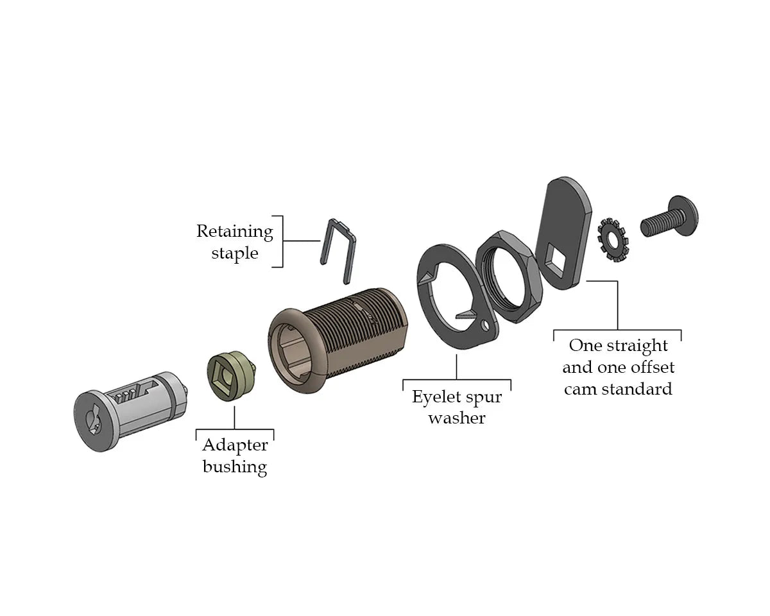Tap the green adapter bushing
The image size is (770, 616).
tap(232, 376)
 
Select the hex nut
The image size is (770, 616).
tap(509, 277)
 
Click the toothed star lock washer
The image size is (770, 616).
tap(613, 240)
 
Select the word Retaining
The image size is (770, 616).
tap(235, 232)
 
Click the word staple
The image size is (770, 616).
tap(235, 253)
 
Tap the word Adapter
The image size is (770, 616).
tap(235, 445)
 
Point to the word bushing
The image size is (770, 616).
tap(235, 467)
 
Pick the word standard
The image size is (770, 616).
tap(637, 389)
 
